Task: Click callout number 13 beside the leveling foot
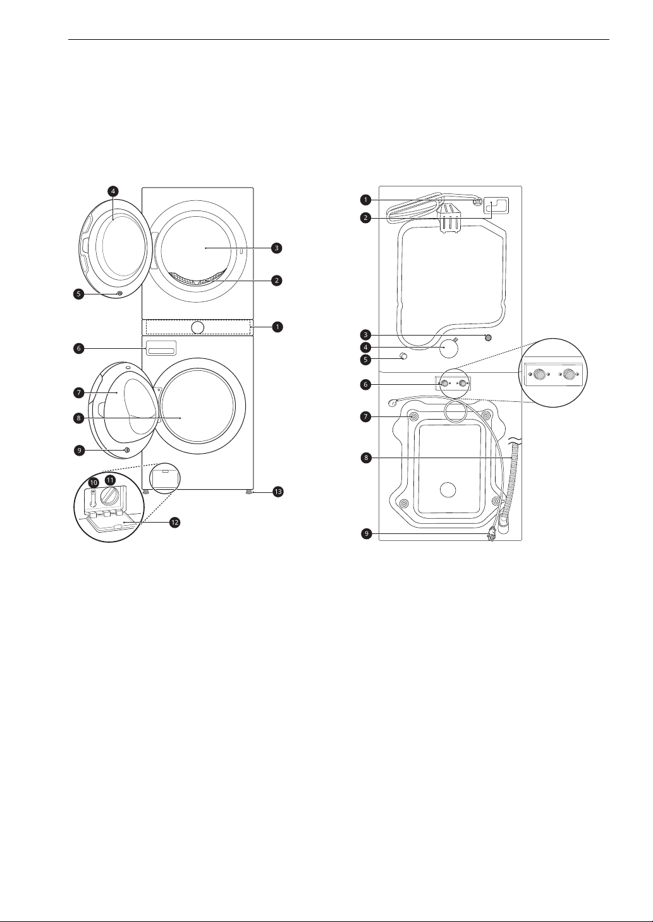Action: coord(278,492)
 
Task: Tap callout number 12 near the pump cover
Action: coord(174,523)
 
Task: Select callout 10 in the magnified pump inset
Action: coord(94,482)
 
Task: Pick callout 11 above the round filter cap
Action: coord(111,480)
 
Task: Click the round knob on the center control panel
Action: coord(198,327)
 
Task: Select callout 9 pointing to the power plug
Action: coord(367,534)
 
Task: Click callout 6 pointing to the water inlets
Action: coord(365,384)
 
